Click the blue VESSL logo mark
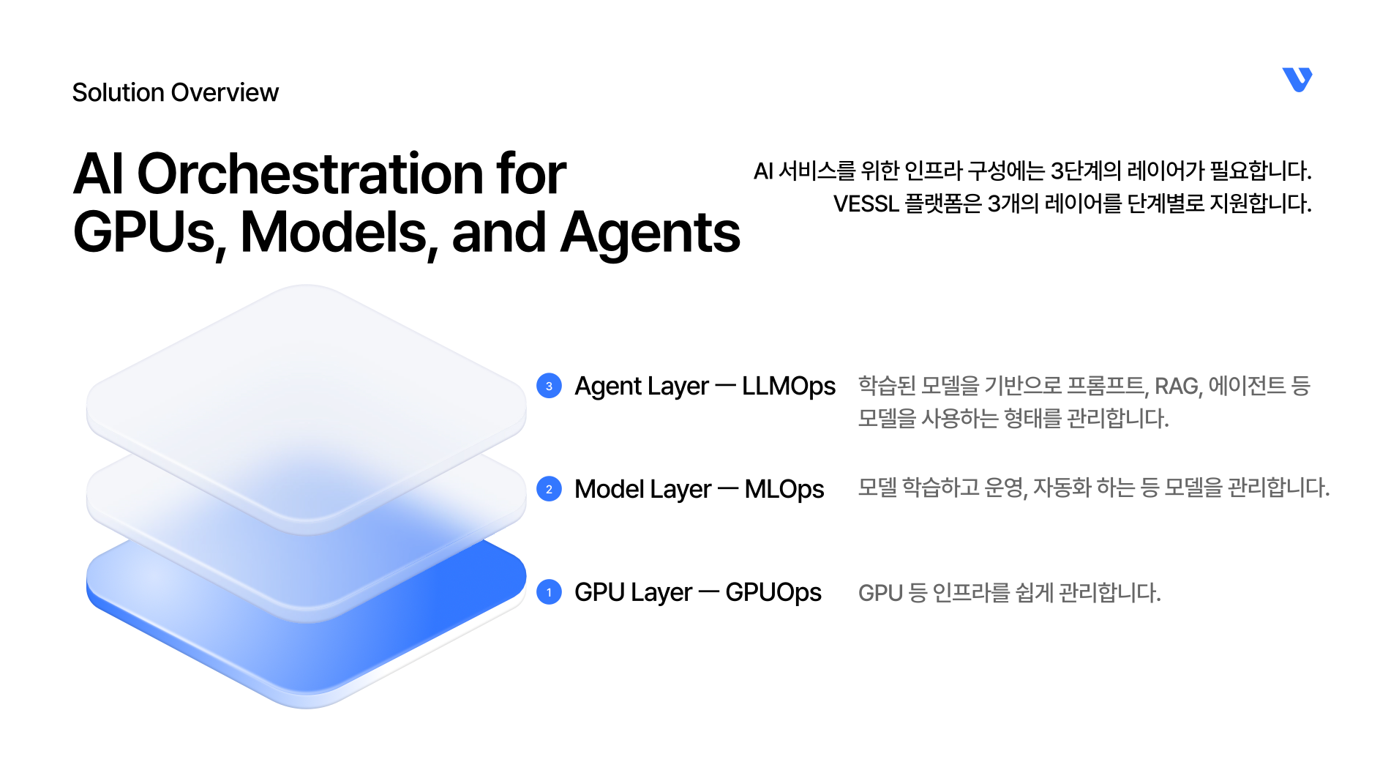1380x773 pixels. (x=1297, y=80)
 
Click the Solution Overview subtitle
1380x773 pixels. (x=176, y=93)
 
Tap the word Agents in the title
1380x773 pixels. (x=650, y=234)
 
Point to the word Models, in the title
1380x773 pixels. (x=340, y=234)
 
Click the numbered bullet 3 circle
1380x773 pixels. (x=549, y=386)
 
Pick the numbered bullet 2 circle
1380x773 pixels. (x=549, y=489)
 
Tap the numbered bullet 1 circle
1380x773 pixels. (x=549, y=592)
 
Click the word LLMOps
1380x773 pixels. (x=788, y=386)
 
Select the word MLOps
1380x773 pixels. (x=784, y=490)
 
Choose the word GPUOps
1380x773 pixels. (x=773, y=593)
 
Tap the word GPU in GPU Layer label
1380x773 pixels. (x=596, y=592)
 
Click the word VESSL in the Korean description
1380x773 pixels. (x=866, y=203)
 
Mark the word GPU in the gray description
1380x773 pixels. (x=880, y=593)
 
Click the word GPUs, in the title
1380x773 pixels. (x=150, y=234)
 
